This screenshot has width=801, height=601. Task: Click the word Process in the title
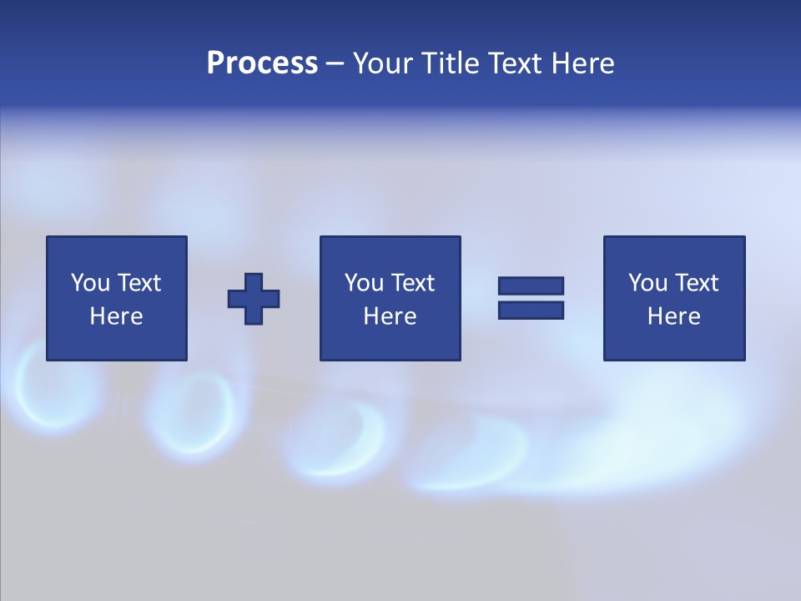coord(262,63)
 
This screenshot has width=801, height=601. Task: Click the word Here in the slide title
coord(582,63)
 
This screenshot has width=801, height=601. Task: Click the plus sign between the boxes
coord(254,299)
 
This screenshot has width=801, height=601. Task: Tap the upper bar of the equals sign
coord(531,286)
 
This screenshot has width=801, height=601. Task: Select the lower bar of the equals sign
coord(531,310)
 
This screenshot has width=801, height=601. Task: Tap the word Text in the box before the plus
coord(139,283)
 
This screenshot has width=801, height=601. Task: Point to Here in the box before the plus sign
coord(117,316)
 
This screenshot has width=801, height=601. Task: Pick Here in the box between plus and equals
coord(390,316)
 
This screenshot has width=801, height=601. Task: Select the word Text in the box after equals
coord(696,283)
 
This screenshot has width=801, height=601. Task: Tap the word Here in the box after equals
coord(674,316)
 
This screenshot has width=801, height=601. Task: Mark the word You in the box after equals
coord(648,283)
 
